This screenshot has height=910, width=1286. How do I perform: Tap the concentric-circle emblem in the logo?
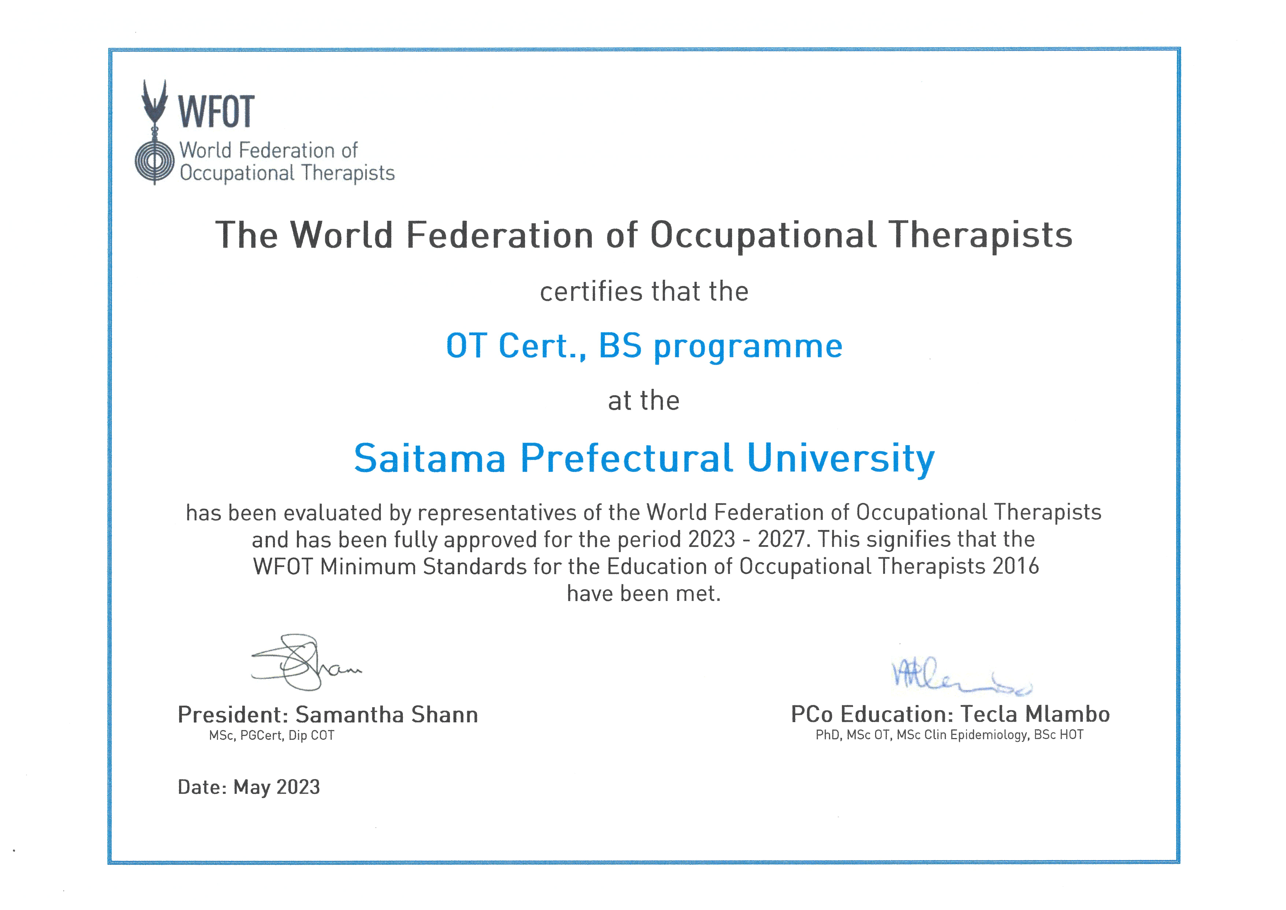click(155, 161)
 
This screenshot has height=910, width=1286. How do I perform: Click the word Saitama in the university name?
click(430, 458)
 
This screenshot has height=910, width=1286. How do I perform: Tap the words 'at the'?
click(644, 401)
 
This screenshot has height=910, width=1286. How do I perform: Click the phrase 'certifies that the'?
click(644, 291)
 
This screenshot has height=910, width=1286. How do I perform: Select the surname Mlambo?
click(1068, 714)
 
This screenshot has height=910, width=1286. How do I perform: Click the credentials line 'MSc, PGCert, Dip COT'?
click(272, 736)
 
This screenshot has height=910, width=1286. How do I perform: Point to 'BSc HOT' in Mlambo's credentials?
click(1059, 735)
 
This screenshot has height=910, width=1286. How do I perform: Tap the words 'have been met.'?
click(644, 593)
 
